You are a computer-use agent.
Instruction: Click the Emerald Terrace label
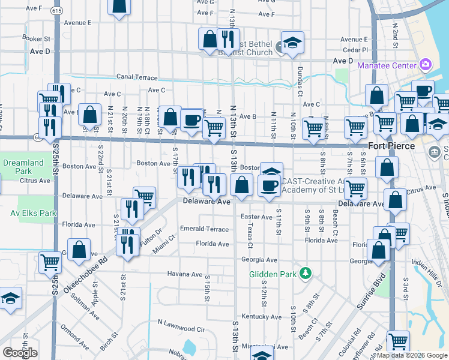tap(204, 229)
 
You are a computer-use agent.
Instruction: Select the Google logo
tap(20, 352)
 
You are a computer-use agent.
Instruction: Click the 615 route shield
tap(57, 11)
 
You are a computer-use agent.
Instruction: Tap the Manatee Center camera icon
tap(426, 64)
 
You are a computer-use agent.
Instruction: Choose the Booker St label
tap(35, 38)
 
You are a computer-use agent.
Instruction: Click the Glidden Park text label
tap(274, 274)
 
